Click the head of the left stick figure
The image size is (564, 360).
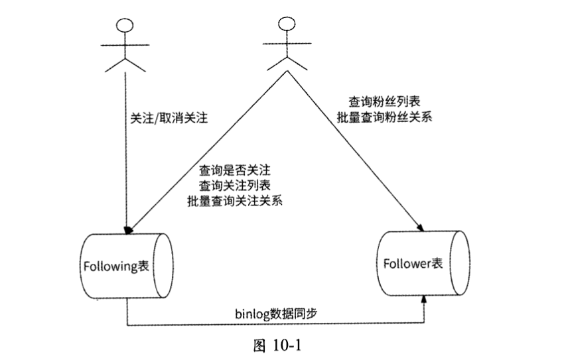click(x=124, y=25)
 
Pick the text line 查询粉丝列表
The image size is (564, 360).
click(x=383, y=102)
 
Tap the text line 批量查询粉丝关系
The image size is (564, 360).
click(x=383, y=118)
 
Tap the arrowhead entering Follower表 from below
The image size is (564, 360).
click(x=425, y=302)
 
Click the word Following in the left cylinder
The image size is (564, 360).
click(x=110, y=266)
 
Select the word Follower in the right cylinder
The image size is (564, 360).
click(x=407, y=263)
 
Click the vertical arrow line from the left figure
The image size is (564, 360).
click(x=125, y=166)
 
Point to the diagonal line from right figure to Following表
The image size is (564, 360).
click(x=199, y=152)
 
